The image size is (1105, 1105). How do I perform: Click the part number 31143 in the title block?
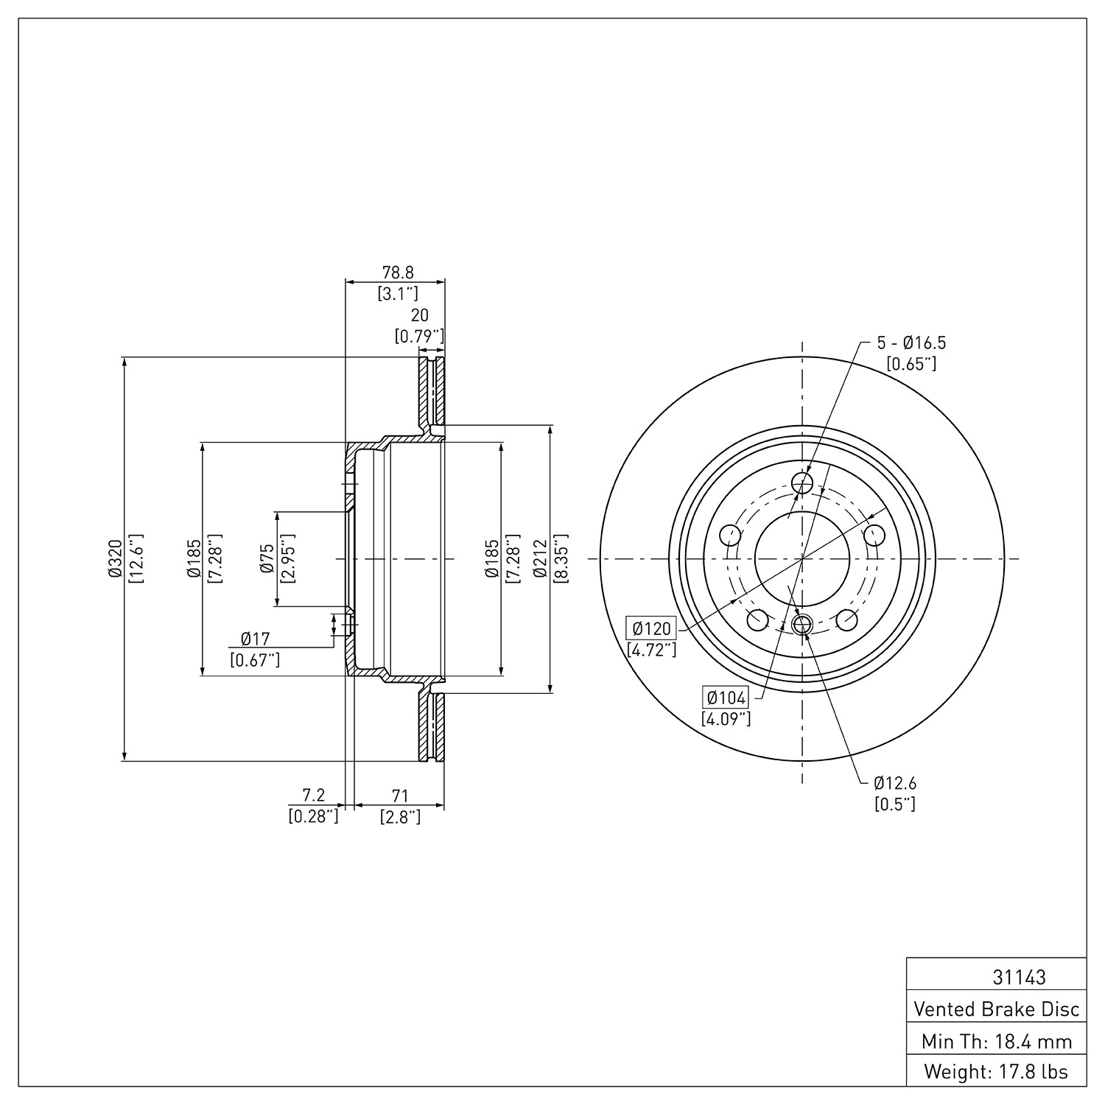[1019, 978]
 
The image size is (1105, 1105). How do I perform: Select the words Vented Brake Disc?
[997, 1008]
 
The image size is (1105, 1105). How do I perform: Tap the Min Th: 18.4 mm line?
[997, 1041]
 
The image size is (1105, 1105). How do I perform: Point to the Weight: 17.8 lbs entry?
[996, 1072]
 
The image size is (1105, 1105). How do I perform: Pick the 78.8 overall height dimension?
[399, 273]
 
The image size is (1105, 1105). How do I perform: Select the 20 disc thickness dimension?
[419, 315]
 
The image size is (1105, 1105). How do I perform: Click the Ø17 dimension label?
[255, 639]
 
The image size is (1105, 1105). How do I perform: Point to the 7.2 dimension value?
[314, 795]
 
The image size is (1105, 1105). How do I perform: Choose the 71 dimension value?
[400, 796]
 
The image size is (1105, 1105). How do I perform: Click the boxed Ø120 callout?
[651, 628]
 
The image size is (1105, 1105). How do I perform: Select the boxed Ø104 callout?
[726, 698]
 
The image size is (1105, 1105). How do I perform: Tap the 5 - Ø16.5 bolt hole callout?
[911, 343]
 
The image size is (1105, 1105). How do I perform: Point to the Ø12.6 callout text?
[895, 783]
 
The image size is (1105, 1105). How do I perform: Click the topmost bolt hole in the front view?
[801, 483]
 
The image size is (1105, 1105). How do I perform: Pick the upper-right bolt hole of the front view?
[874, 535]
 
